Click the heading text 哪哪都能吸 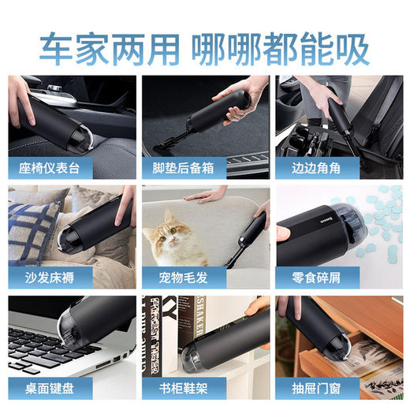pos(281,49)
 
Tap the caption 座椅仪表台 pos(55,167)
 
